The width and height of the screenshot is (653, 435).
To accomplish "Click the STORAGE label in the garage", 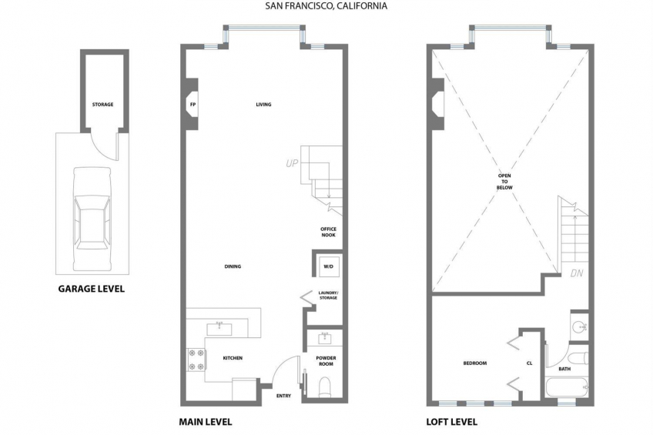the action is click(102, 105).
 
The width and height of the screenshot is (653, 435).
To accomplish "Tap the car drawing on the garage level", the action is click(92, 219).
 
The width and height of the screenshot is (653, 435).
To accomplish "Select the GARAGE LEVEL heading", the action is click(91, 289).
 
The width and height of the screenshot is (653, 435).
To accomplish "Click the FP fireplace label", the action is click(193, 105).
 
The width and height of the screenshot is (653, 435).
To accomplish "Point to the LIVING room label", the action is click(263, 105).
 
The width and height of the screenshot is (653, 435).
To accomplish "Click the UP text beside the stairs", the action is click(292, 163).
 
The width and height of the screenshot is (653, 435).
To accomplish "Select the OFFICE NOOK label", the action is click(328, 232).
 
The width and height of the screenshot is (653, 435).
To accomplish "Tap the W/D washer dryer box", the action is click(329, 266).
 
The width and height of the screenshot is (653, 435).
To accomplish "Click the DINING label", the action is click(233, 266).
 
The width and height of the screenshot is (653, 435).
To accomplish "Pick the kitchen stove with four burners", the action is click(196, 360).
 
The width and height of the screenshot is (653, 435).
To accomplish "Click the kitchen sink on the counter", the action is click(219, 329).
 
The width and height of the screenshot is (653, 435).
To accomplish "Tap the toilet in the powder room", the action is click(324, 386).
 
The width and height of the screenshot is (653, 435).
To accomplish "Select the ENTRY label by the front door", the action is click(283, 396).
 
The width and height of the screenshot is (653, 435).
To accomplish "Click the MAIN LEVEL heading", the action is click(206, 422).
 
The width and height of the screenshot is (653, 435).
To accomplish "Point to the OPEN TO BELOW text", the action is click(504, 182).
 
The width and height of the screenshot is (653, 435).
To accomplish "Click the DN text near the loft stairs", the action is click(577, 273).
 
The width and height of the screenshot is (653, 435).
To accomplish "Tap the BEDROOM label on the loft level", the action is click(475, 363).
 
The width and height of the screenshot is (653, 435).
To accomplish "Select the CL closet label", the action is click(529, 363).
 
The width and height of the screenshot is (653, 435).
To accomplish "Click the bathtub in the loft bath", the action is click(567, 387).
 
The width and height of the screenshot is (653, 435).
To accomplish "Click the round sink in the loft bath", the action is click(579, 326).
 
